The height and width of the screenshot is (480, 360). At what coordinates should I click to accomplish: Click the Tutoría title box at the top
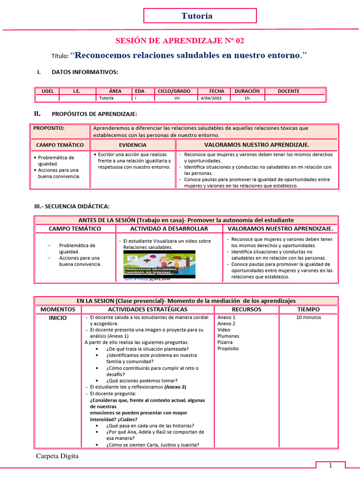click(x=200, y=16)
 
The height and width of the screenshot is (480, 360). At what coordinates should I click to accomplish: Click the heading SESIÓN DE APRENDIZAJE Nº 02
click(x=180, y=41)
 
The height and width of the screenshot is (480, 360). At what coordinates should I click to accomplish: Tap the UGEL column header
click(x=47, y=91)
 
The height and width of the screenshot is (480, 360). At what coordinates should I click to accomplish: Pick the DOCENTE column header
click(x=288, y=91)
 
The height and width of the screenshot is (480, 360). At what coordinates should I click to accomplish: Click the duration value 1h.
click(x=247, y=98)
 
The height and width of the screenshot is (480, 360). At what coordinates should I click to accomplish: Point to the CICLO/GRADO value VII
click(x=177, y=98)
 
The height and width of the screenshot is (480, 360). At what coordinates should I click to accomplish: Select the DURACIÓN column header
click(x=247, y=91)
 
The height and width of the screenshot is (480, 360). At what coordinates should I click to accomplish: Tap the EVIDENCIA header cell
click(x=133, y=145)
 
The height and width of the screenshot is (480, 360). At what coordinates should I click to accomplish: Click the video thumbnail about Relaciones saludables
click(x=159, y=263)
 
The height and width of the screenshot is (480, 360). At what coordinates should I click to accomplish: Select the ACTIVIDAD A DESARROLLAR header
click(x=169, y=229)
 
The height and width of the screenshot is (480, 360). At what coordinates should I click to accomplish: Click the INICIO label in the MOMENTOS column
click(x=58, y=318)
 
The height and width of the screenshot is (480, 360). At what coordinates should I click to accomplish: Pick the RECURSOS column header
click(x=247, y=309)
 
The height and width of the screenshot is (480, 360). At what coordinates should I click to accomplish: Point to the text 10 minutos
click(x=308, y=317)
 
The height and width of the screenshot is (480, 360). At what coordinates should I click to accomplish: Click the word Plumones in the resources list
click(x=228, y=336)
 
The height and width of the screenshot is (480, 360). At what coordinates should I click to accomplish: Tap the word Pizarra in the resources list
click(x=225, y=342)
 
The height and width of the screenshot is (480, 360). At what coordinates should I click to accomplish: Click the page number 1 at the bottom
click(x=330, y=465)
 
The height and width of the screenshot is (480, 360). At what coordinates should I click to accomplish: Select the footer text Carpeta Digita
click(x=57, y=456)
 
